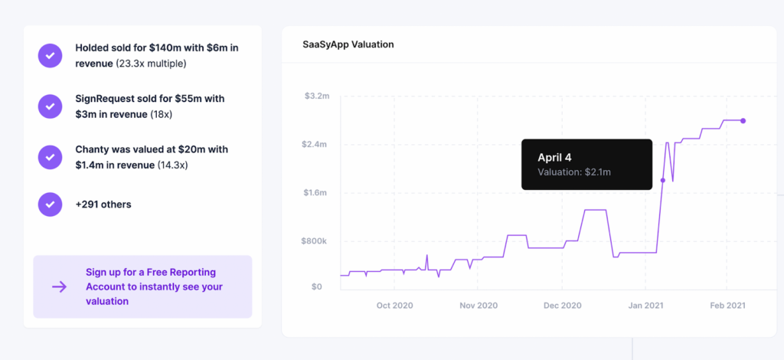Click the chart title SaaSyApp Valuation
pyautogui.click(x=348, y=44)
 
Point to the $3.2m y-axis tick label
pyautogui.click(x=317, y=97)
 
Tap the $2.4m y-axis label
pyautogui.click(x=317, y=145)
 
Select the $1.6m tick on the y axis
pyautogui.click(x=317, y=193)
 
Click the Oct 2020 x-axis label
pyautogui.click(x=395, y=305)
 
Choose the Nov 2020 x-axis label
pyautogui.click(x=479, y=305)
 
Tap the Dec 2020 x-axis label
pyautogui.click(x=563, y=305)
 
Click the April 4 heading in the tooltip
pyautogui.click(x=554, y=157)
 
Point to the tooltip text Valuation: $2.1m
pyautogui.click(x=574, y=172)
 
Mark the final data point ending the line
pyautogui.click(x=743, y=121)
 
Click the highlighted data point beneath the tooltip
pyautogui.click(x=663, y=180)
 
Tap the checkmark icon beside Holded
pyautogui.click(x=50, y=55)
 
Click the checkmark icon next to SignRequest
pyautogui.click(x=50, y=106)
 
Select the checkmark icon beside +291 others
pyautogui.click(x=50, y=205)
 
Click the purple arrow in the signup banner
pyautogui.click(x=59, y=286)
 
